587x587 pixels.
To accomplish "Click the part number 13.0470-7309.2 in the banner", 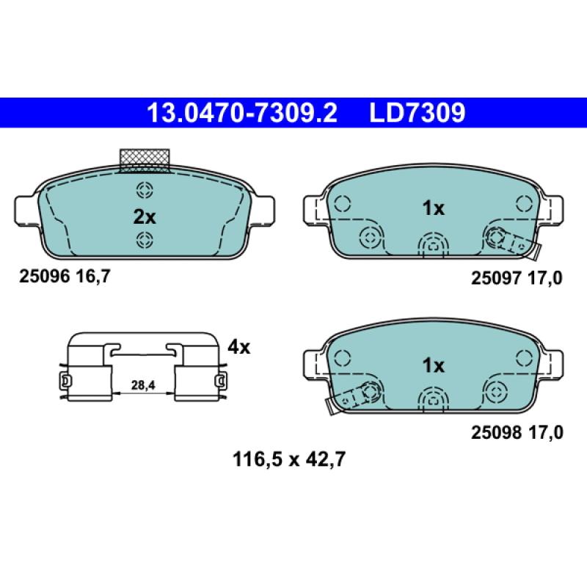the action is (242, 113).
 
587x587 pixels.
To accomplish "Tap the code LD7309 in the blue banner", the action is (418, 113).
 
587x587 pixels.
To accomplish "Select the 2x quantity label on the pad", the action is (145, 216).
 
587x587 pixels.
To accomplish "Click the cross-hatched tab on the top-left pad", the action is (145, 161).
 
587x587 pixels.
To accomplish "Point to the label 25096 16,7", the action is (65, 277).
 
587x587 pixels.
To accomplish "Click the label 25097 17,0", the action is (517, 278).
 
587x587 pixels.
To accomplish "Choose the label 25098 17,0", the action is (517, 433).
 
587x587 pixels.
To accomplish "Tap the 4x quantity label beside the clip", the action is (239, 347).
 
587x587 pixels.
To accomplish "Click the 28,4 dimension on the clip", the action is (143, 384).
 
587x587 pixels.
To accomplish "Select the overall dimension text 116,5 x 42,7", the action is (288, 459).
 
